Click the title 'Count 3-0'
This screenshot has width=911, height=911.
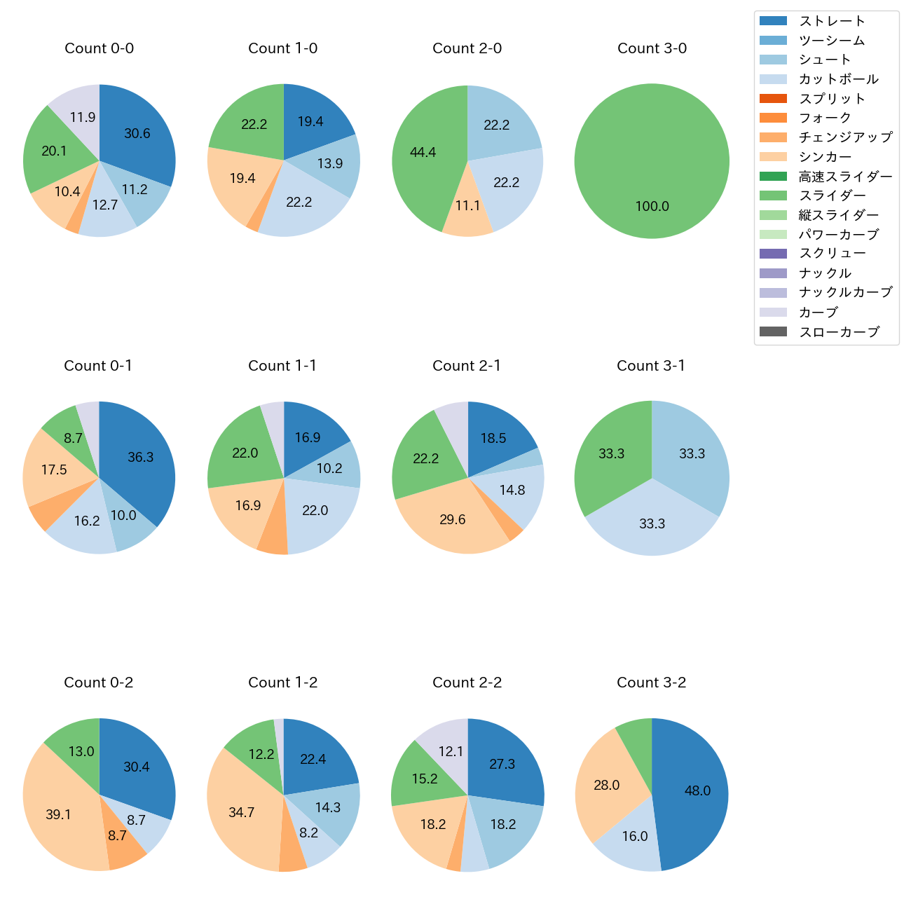(652, 48)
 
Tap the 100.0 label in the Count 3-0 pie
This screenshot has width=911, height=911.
(652, 206)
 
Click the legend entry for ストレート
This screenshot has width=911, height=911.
(832, 21)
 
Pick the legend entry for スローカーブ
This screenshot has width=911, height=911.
(839, 332)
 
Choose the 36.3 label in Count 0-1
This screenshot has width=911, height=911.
(140, 457)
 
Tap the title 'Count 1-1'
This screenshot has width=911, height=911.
(282, 366)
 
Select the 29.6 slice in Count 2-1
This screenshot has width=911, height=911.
(452, 519)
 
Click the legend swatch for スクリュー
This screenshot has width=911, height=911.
(773, 254)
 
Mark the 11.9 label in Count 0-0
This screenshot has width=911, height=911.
(83, 117)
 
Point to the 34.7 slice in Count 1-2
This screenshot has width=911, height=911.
(242, 812)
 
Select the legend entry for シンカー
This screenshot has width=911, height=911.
(825, 157)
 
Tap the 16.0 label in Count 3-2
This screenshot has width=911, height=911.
(635, 836)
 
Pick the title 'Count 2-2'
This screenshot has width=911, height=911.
(467, 683)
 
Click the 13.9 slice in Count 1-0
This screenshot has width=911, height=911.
(329, 163)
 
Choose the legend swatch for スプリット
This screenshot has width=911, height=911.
(773, 98)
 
